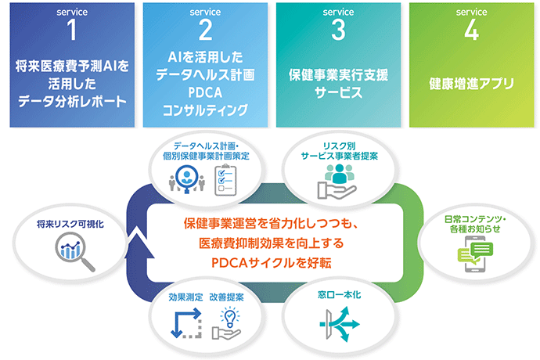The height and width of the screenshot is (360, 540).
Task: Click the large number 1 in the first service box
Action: (72, 30)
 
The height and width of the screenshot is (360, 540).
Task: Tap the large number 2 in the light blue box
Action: (205, 30)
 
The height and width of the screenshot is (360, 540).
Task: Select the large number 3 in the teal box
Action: (338, 30)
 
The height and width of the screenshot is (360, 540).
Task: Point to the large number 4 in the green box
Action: (471, 30)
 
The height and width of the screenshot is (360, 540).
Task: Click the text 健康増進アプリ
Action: (471, 84)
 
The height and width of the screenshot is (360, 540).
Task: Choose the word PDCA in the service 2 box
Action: (205, 92)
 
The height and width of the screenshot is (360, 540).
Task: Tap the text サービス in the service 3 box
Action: (338, 92)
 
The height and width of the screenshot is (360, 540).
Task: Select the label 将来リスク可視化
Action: (70, 225)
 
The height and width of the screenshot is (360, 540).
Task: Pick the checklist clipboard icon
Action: (225, 180)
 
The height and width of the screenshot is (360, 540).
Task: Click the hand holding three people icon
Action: (337, 182)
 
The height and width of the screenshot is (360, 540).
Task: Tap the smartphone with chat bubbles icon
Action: (475, 254)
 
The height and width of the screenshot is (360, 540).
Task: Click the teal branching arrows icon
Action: (340, 324)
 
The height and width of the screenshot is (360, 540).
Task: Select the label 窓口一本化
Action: (339, 295)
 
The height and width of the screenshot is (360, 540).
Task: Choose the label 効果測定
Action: (186, 297)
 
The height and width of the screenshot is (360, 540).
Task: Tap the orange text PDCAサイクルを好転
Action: (272, 263)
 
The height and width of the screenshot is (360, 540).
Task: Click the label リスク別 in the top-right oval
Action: (339, 146)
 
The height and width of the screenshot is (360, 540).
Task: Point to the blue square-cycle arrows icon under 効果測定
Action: (186, 323)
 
